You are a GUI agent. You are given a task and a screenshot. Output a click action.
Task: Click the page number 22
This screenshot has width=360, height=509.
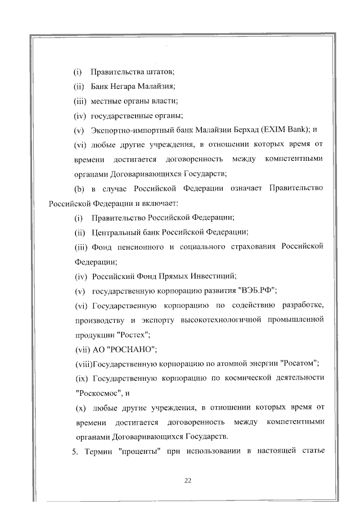coord(188,480)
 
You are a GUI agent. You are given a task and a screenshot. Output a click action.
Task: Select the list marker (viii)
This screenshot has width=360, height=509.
coord(86,363)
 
